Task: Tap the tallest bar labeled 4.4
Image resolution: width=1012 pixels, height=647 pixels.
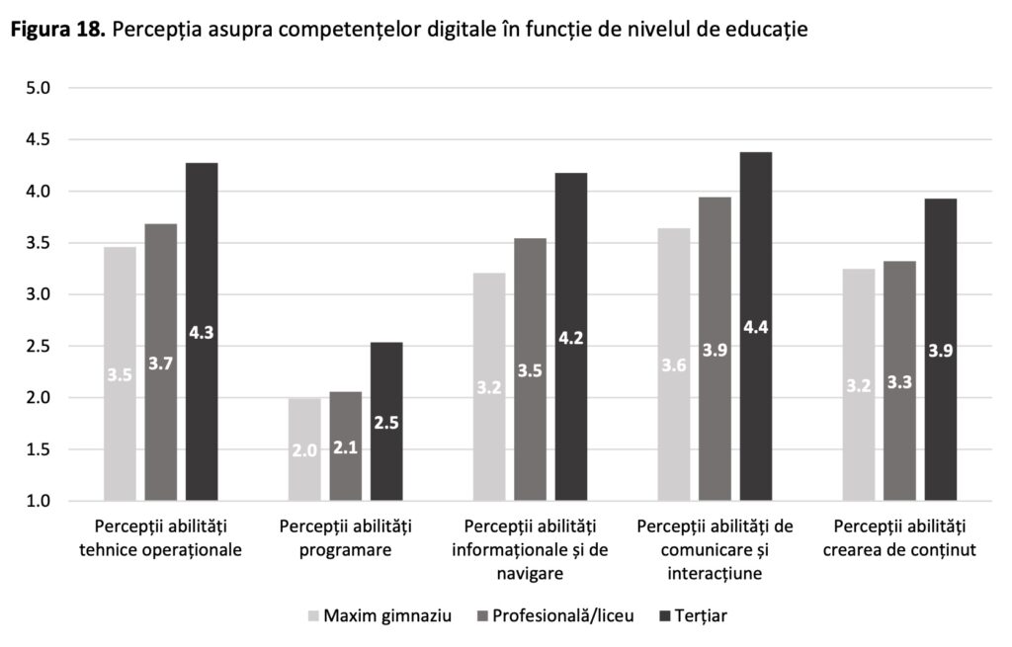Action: pyautogui.click(x=756, y=326)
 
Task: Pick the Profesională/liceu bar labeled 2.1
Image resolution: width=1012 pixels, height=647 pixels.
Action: pyautogui.click(x=345, y=446)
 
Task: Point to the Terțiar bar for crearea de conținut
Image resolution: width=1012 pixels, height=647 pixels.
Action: pyautogui.click(x=940, y=350)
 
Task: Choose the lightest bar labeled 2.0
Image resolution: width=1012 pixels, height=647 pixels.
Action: pyautogui.click(x=304, y=449)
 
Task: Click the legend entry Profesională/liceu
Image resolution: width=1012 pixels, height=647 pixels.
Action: pyautogui.click(x=557, y=616)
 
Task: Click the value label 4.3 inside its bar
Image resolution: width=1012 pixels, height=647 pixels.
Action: pyautogui.click(x=202, y=333)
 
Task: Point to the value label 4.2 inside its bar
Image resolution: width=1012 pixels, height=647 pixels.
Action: pyautogui.click(x=571, y=338)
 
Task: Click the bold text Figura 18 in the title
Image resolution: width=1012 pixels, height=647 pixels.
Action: pyautogui.click(x=57, y=31)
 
